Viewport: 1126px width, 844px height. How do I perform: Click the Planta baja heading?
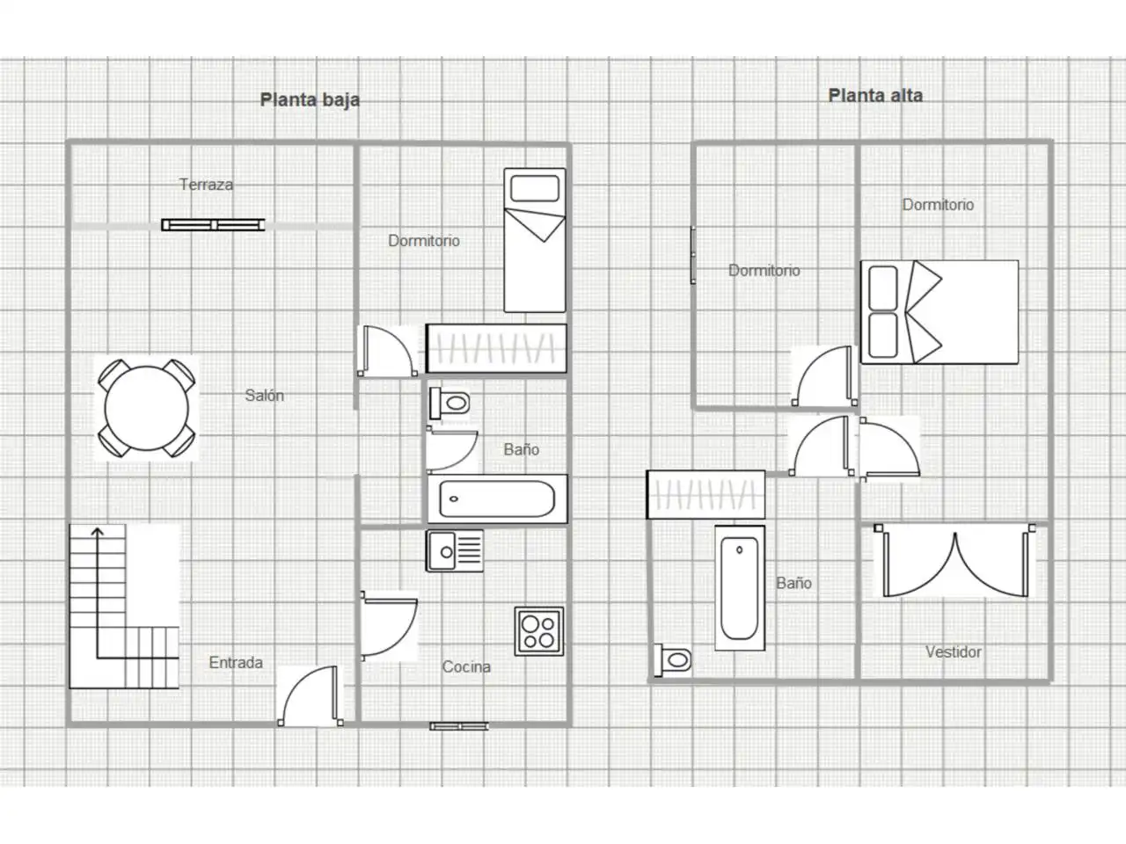coord(310,100)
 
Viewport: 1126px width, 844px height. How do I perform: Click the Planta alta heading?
coord(875,95)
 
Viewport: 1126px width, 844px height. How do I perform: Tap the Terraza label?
coord(206,185)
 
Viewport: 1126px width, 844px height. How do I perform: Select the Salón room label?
coord(264,395)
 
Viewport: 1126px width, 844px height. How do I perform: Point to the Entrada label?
coord(236,663)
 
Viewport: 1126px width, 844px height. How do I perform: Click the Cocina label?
coord(466,666)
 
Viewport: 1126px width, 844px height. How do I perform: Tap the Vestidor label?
coord(953,651)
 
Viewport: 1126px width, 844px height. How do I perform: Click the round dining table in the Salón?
coord(147,409)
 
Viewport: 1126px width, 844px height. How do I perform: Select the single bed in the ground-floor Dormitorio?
coord(535,240)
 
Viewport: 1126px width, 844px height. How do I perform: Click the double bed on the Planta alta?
coord(940,312)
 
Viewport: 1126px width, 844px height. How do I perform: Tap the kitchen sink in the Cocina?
coord(455,551)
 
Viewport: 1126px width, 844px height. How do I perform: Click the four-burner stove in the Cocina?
coord(539,631)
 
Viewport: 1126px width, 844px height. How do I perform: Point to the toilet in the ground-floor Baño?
coord(450,403)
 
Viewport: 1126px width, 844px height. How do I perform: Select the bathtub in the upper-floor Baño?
coord(740,588)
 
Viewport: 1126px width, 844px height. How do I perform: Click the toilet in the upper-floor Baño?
coord(673,660)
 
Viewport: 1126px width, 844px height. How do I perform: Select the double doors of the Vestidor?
coord(955,561)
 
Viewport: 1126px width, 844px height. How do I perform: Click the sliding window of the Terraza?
coord(213,224)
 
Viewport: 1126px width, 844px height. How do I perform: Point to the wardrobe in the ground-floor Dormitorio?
coord(496,348)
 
